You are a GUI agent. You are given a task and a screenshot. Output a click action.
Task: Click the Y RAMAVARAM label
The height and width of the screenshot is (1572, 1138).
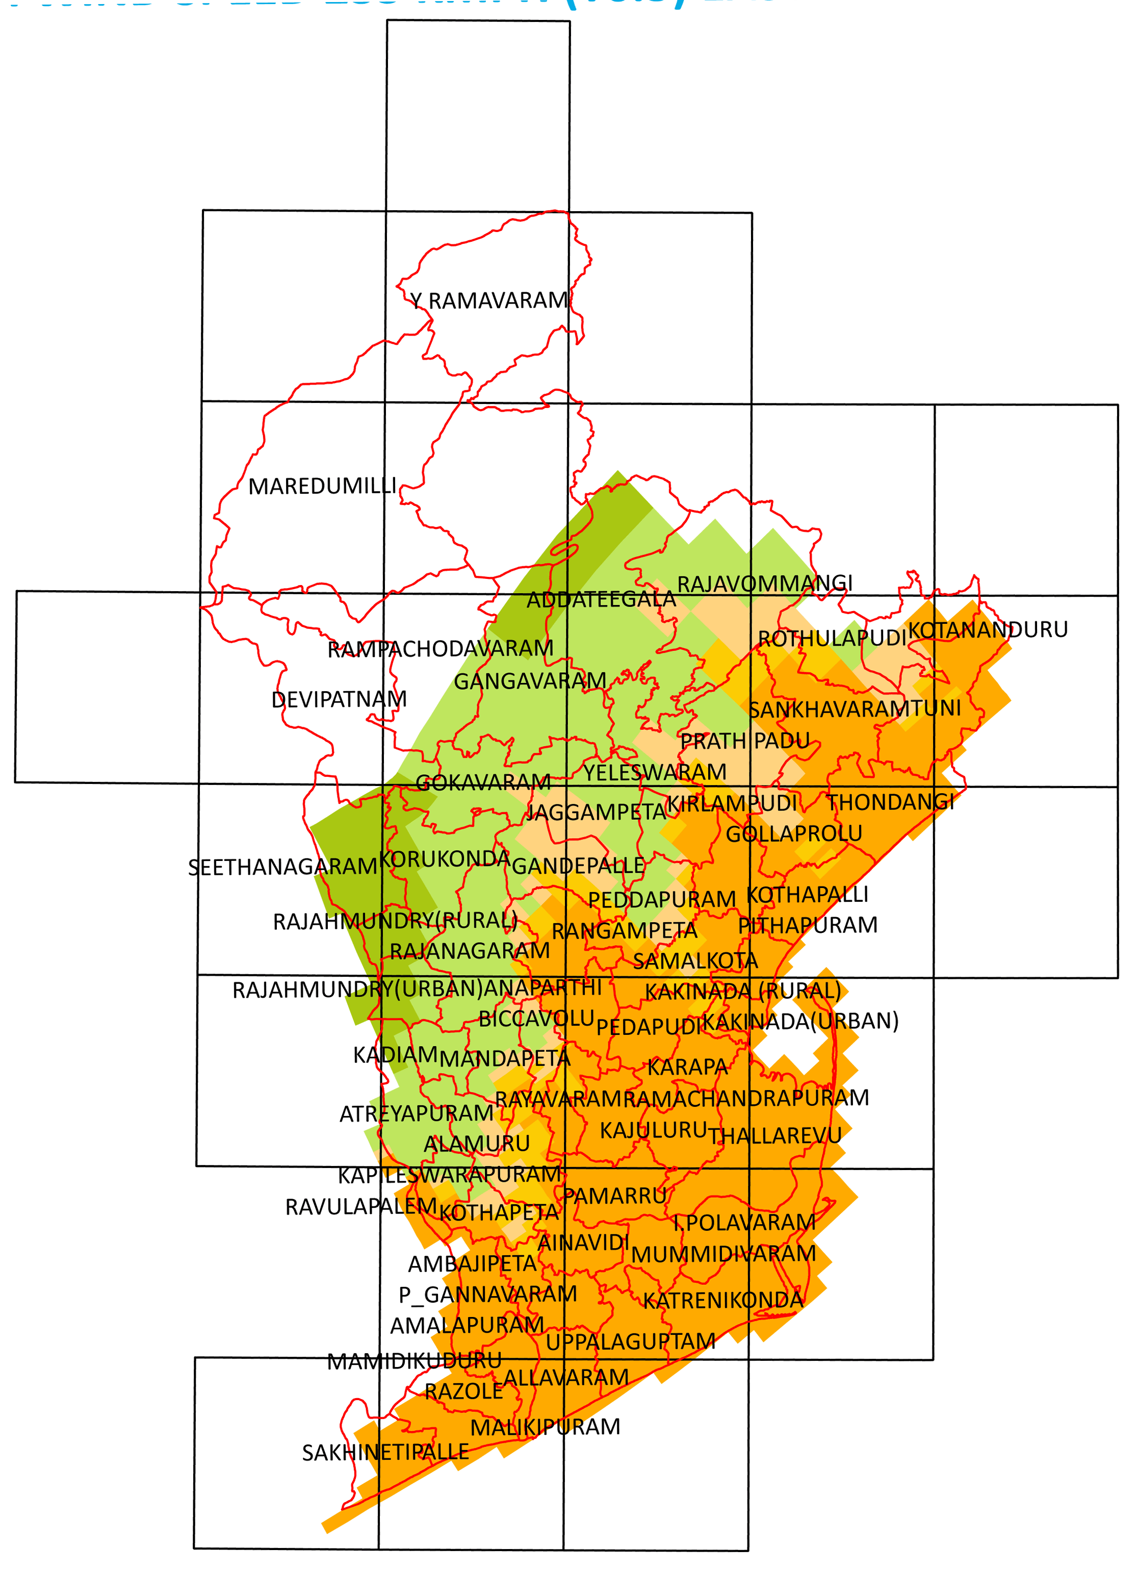coord(488,301)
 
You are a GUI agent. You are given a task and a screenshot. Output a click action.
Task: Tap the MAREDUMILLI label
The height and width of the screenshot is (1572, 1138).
coord(322,487)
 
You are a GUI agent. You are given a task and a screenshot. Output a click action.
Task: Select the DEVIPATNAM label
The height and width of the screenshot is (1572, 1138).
coord(339,699)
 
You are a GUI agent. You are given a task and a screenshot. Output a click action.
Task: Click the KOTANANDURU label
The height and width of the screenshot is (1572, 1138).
coord(988,630)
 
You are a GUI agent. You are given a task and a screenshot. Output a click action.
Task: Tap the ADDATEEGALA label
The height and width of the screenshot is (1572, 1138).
coord(601,599)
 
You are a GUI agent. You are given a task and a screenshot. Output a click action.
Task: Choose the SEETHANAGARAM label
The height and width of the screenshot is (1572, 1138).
coord(283,867)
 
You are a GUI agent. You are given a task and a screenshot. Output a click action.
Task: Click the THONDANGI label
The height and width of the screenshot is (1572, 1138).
coord(891,803)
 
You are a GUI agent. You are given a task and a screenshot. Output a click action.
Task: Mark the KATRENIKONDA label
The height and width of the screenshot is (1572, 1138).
coord(723,1301)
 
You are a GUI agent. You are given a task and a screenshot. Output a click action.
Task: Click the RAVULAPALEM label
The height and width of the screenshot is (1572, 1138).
coord(361,1207)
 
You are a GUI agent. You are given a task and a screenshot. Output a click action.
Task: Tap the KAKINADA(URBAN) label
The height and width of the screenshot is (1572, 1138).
coord(800,1022)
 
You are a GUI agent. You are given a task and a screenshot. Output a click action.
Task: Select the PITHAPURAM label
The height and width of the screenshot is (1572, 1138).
coord(808,925)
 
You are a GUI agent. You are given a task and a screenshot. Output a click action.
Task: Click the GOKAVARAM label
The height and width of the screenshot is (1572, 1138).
coord(483,783)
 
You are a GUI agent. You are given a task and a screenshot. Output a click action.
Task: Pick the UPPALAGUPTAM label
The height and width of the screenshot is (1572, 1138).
coord(630,1342)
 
